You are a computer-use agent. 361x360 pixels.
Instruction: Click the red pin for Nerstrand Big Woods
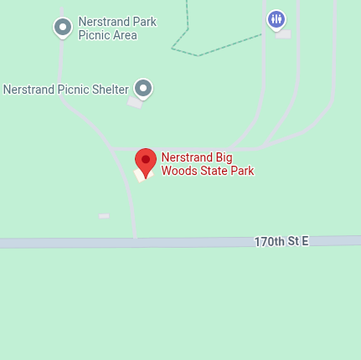point(146,161)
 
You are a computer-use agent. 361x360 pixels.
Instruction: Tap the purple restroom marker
point(276,18)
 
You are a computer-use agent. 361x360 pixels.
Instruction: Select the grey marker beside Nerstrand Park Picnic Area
point(62,28)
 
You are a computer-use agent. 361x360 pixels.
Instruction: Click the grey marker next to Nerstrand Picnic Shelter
point(144,88)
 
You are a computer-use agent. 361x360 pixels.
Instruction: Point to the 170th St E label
point(281,241)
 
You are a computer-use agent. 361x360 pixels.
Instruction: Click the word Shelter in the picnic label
point(109,89)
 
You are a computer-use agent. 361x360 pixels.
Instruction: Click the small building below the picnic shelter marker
point(134,102)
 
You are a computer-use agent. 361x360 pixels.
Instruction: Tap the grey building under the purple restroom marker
point(284,34)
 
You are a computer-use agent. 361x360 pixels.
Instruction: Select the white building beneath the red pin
point(139,175)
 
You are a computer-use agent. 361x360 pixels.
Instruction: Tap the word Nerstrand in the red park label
point(187,157)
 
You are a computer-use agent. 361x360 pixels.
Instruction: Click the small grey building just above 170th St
point(104,216)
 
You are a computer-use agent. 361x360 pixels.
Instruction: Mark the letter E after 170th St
point(305,241)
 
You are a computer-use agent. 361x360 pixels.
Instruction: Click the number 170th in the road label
point(269,241)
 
